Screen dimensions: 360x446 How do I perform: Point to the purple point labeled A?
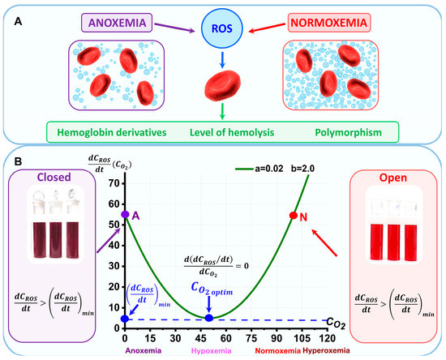coord(125,215)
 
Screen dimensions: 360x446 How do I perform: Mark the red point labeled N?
coord(294,215)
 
